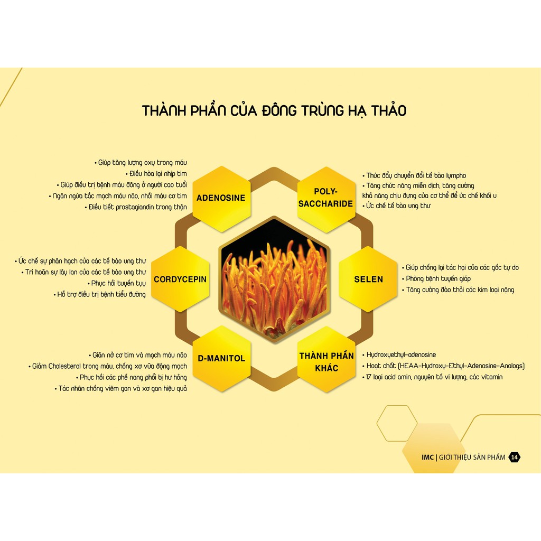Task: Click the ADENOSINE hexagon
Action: (x=221, y=198)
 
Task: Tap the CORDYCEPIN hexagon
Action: (x=180, y=279)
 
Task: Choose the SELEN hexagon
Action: (x=368, y=279)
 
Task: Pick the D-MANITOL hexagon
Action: (x=221, y=358)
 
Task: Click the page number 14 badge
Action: (x=515, y=458)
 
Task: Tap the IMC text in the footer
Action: (x=427, y=458)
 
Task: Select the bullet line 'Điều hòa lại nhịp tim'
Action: (x=158, y=174)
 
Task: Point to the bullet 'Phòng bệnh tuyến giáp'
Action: (x=438, y=278)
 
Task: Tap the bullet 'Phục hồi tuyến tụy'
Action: (x=118, y=283)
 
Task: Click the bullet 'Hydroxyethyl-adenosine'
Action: (x=401, y=355)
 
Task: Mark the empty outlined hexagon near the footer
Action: (x=397, y=423)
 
